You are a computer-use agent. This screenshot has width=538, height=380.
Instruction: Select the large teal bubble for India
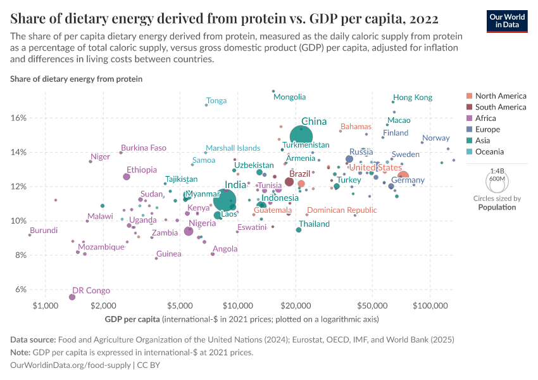(225, 200)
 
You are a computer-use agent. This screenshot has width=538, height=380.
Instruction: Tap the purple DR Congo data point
(72, 297)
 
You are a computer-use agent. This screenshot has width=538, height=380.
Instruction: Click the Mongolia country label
(289, 97)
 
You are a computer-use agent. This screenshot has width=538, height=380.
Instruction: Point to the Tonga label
(216, 101)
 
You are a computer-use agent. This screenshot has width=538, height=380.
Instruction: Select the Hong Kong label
(413, 98)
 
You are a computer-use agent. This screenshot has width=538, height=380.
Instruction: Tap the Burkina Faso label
(144, 148)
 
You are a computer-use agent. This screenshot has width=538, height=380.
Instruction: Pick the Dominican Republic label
(342, 210)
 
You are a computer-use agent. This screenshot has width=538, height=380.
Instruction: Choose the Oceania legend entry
(490, 151)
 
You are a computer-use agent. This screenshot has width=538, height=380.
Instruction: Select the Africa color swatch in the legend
(469, 118)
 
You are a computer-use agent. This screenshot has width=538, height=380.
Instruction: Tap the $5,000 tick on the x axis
(180, 306)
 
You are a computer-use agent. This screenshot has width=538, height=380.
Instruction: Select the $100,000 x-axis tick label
(430, 306)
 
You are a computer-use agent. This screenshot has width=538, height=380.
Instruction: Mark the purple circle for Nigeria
(188, 231)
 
